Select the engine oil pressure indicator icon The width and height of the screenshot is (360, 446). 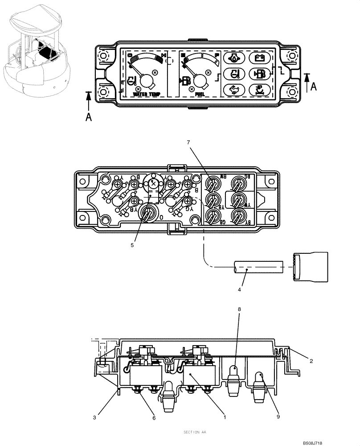(x=233, y=58)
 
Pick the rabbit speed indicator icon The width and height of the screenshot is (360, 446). (x=233, y=90)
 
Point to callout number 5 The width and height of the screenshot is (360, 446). (x=132, y=244)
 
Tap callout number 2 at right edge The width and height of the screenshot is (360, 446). (x=311, y=361)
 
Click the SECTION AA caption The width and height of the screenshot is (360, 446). (x=194, y=432)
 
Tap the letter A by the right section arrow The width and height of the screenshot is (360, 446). (x=314, y=87)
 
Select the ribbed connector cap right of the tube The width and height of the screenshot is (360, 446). (x=311, y=267)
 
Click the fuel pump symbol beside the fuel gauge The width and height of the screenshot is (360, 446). (x=185, y=81)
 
